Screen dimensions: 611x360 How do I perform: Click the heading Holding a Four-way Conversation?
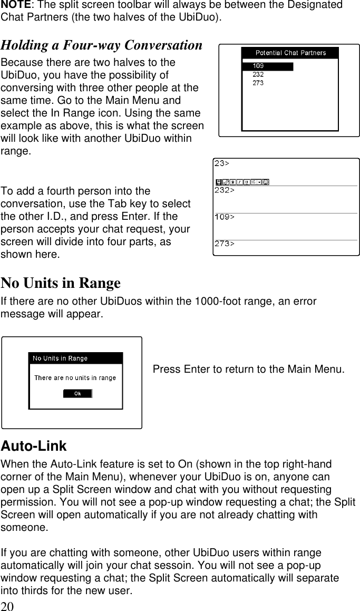(x=101, y=45)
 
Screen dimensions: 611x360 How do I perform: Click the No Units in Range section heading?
(x=61, y=284)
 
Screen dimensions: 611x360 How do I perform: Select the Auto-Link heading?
(x=34, y=446)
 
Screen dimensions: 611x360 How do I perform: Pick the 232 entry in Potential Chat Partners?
(x=258, y=75)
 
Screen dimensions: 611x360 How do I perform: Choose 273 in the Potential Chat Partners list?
(x=258, y=83)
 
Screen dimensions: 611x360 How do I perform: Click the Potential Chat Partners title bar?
(x=290, y=53)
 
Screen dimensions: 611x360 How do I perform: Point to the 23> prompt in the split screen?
(x=222, y=163)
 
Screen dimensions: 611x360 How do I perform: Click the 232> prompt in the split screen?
(x=225, y=190)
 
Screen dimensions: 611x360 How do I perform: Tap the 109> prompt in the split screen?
(x=225, y=217)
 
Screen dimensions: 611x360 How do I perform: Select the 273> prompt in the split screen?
(x=225, y=244)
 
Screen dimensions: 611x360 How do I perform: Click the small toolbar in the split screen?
(x=242, y=182)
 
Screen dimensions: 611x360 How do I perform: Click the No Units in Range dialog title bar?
(x=75, y=358)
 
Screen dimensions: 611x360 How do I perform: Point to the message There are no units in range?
(x=75, y=378)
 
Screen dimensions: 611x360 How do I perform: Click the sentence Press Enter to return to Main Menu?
(x=249, y=369)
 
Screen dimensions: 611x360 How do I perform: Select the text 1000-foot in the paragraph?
(x=215, y=302)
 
